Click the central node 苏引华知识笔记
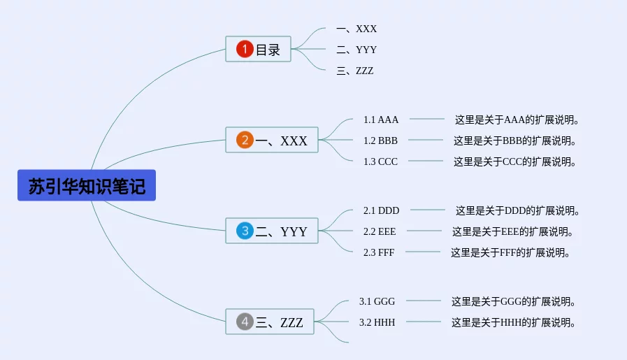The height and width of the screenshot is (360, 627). point(87,185)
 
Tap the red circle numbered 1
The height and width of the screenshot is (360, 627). point(245,49)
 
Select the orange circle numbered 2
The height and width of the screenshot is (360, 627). point(245,140)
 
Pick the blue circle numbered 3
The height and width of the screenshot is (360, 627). point(245,231)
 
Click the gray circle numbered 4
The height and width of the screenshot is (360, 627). point(245,321)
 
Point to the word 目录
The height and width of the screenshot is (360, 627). point(268,50)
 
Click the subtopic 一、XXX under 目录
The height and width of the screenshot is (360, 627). point(356,29)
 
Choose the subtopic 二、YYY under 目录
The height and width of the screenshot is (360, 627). point(356,50)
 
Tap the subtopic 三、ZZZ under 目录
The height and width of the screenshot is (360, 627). point(354,71)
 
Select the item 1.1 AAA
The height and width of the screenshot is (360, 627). point(381,120)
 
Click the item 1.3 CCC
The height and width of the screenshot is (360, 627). point(380,161)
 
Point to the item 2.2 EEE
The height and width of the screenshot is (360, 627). point(380,231)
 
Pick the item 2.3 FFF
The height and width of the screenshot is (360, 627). point(379,252)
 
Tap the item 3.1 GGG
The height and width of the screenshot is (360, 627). point(377,301)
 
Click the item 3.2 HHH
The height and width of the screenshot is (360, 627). point(377,322)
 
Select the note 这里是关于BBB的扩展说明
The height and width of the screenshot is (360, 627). point(514,141)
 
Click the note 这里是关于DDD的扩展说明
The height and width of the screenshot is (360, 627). point(517,211)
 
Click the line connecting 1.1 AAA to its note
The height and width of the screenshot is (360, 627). point(426,119)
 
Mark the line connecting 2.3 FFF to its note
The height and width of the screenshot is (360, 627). point(423,252)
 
